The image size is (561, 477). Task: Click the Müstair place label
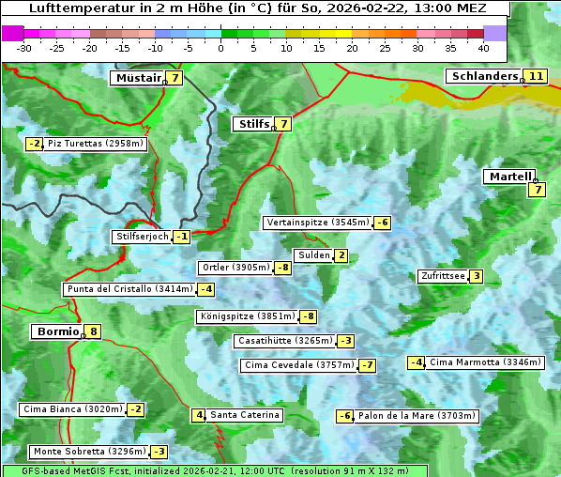click(x=137, y=78)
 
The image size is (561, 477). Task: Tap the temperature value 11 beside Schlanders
click(x=536, y=76)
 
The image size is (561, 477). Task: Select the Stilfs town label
click(x=251, y=124)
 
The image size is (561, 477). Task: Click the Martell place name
click(x=508, y=177)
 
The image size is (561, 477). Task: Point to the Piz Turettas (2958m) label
click(x=96, y=144)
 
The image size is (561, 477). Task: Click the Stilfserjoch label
click(x=141, y=237)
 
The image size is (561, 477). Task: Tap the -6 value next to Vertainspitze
click(x=382, y=223)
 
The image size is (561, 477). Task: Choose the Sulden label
click(x=312, y=255)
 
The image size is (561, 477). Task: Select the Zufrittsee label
click(x=443, y=276)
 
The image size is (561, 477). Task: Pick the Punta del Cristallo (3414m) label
click(x=129, y=289)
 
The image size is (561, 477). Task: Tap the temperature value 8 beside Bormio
click(x=93, y=331)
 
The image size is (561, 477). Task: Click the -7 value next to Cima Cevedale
click(x=367, y=365)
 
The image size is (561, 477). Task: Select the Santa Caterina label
click(x=244, y=415)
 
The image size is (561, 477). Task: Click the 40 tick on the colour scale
click(x=482, y=47)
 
